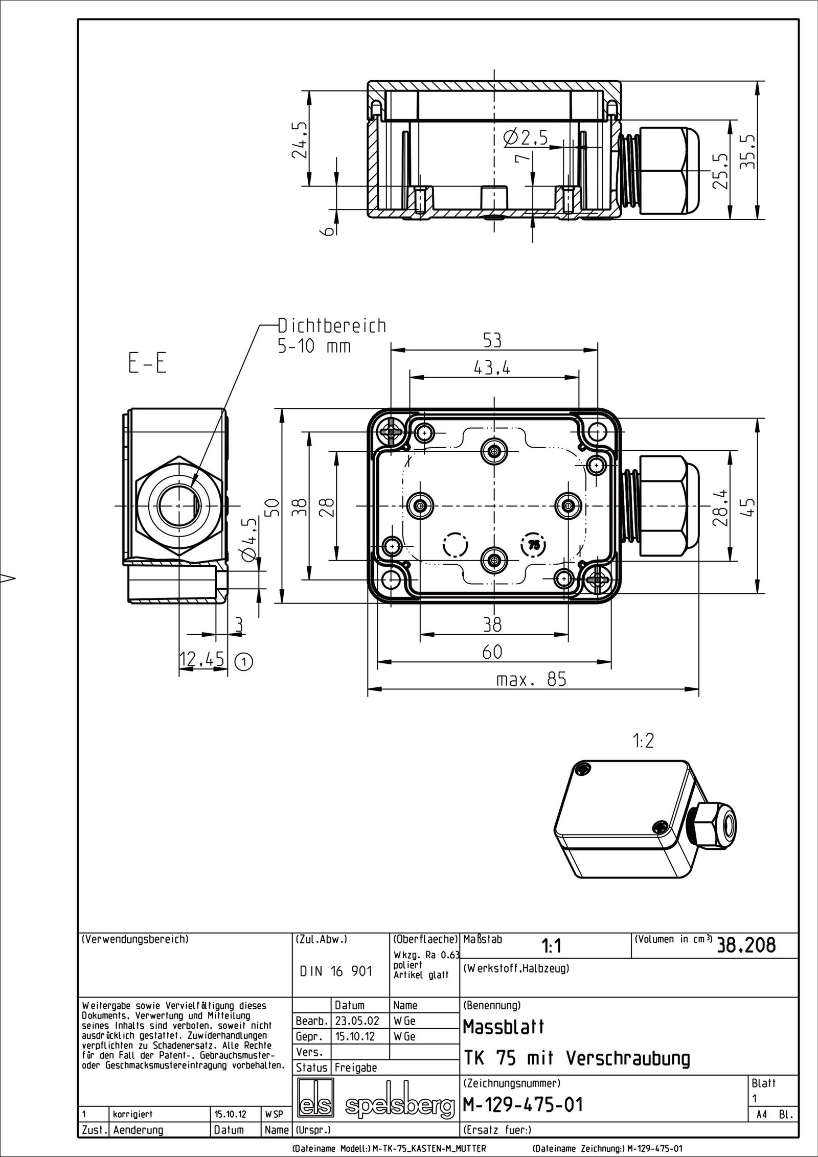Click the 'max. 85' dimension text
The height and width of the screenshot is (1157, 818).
click(531, 680)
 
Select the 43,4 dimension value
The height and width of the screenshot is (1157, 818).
click(492, 368)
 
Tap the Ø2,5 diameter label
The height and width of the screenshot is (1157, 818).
click(525, 137)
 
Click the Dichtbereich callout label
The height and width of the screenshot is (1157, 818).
click(332, 326)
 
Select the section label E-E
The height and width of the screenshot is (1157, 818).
click(146, 365)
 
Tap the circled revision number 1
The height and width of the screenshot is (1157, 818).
click(244, 662)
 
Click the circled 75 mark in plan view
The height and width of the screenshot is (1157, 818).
click(533, 545)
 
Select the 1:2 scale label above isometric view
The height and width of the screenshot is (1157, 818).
click(643, 742)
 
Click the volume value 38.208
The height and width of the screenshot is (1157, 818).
click(746, 946)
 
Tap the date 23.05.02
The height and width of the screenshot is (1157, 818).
click(357, 1021)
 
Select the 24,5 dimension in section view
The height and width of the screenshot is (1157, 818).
click(301, 140)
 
